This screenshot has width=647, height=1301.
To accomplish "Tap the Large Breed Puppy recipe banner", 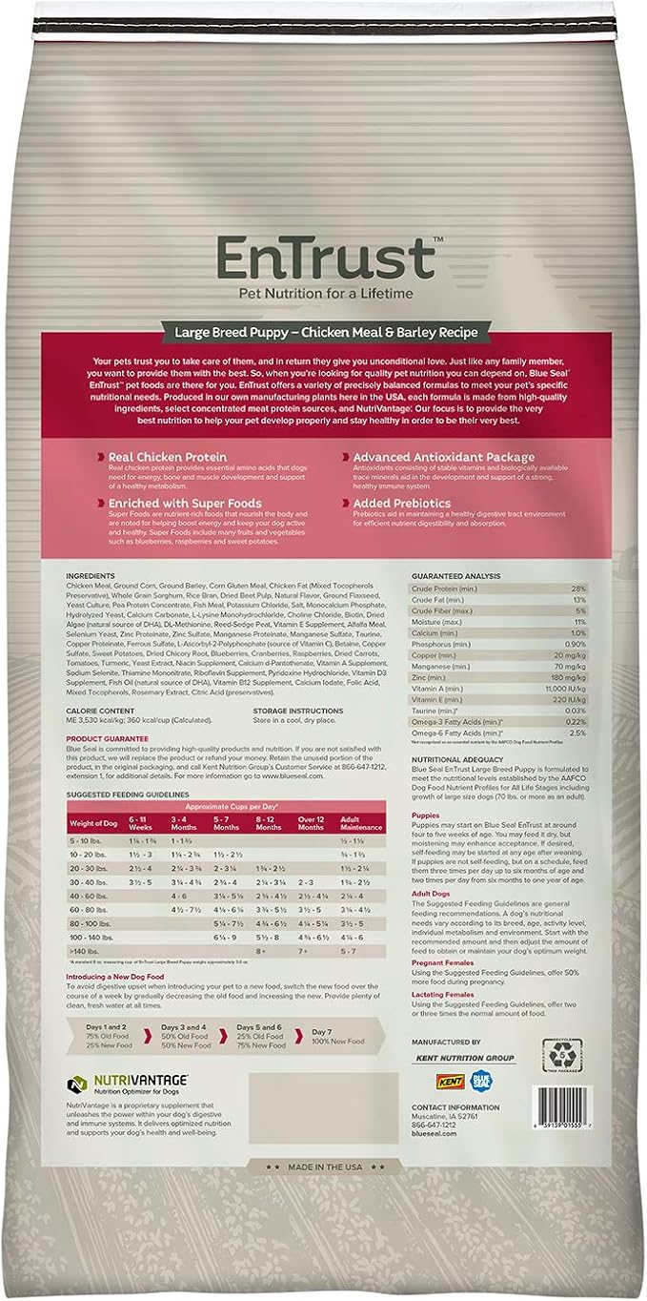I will pyautogui.click(x=324, y=333).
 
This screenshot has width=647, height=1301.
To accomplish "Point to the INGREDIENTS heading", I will pyautogui.click(x=90, y=576).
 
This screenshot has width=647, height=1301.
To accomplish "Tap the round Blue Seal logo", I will pyautogui.click(x=482, y=1080).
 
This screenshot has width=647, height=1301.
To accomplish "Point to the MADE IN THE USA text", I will pyautogui.click(x=324, y=1166).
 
